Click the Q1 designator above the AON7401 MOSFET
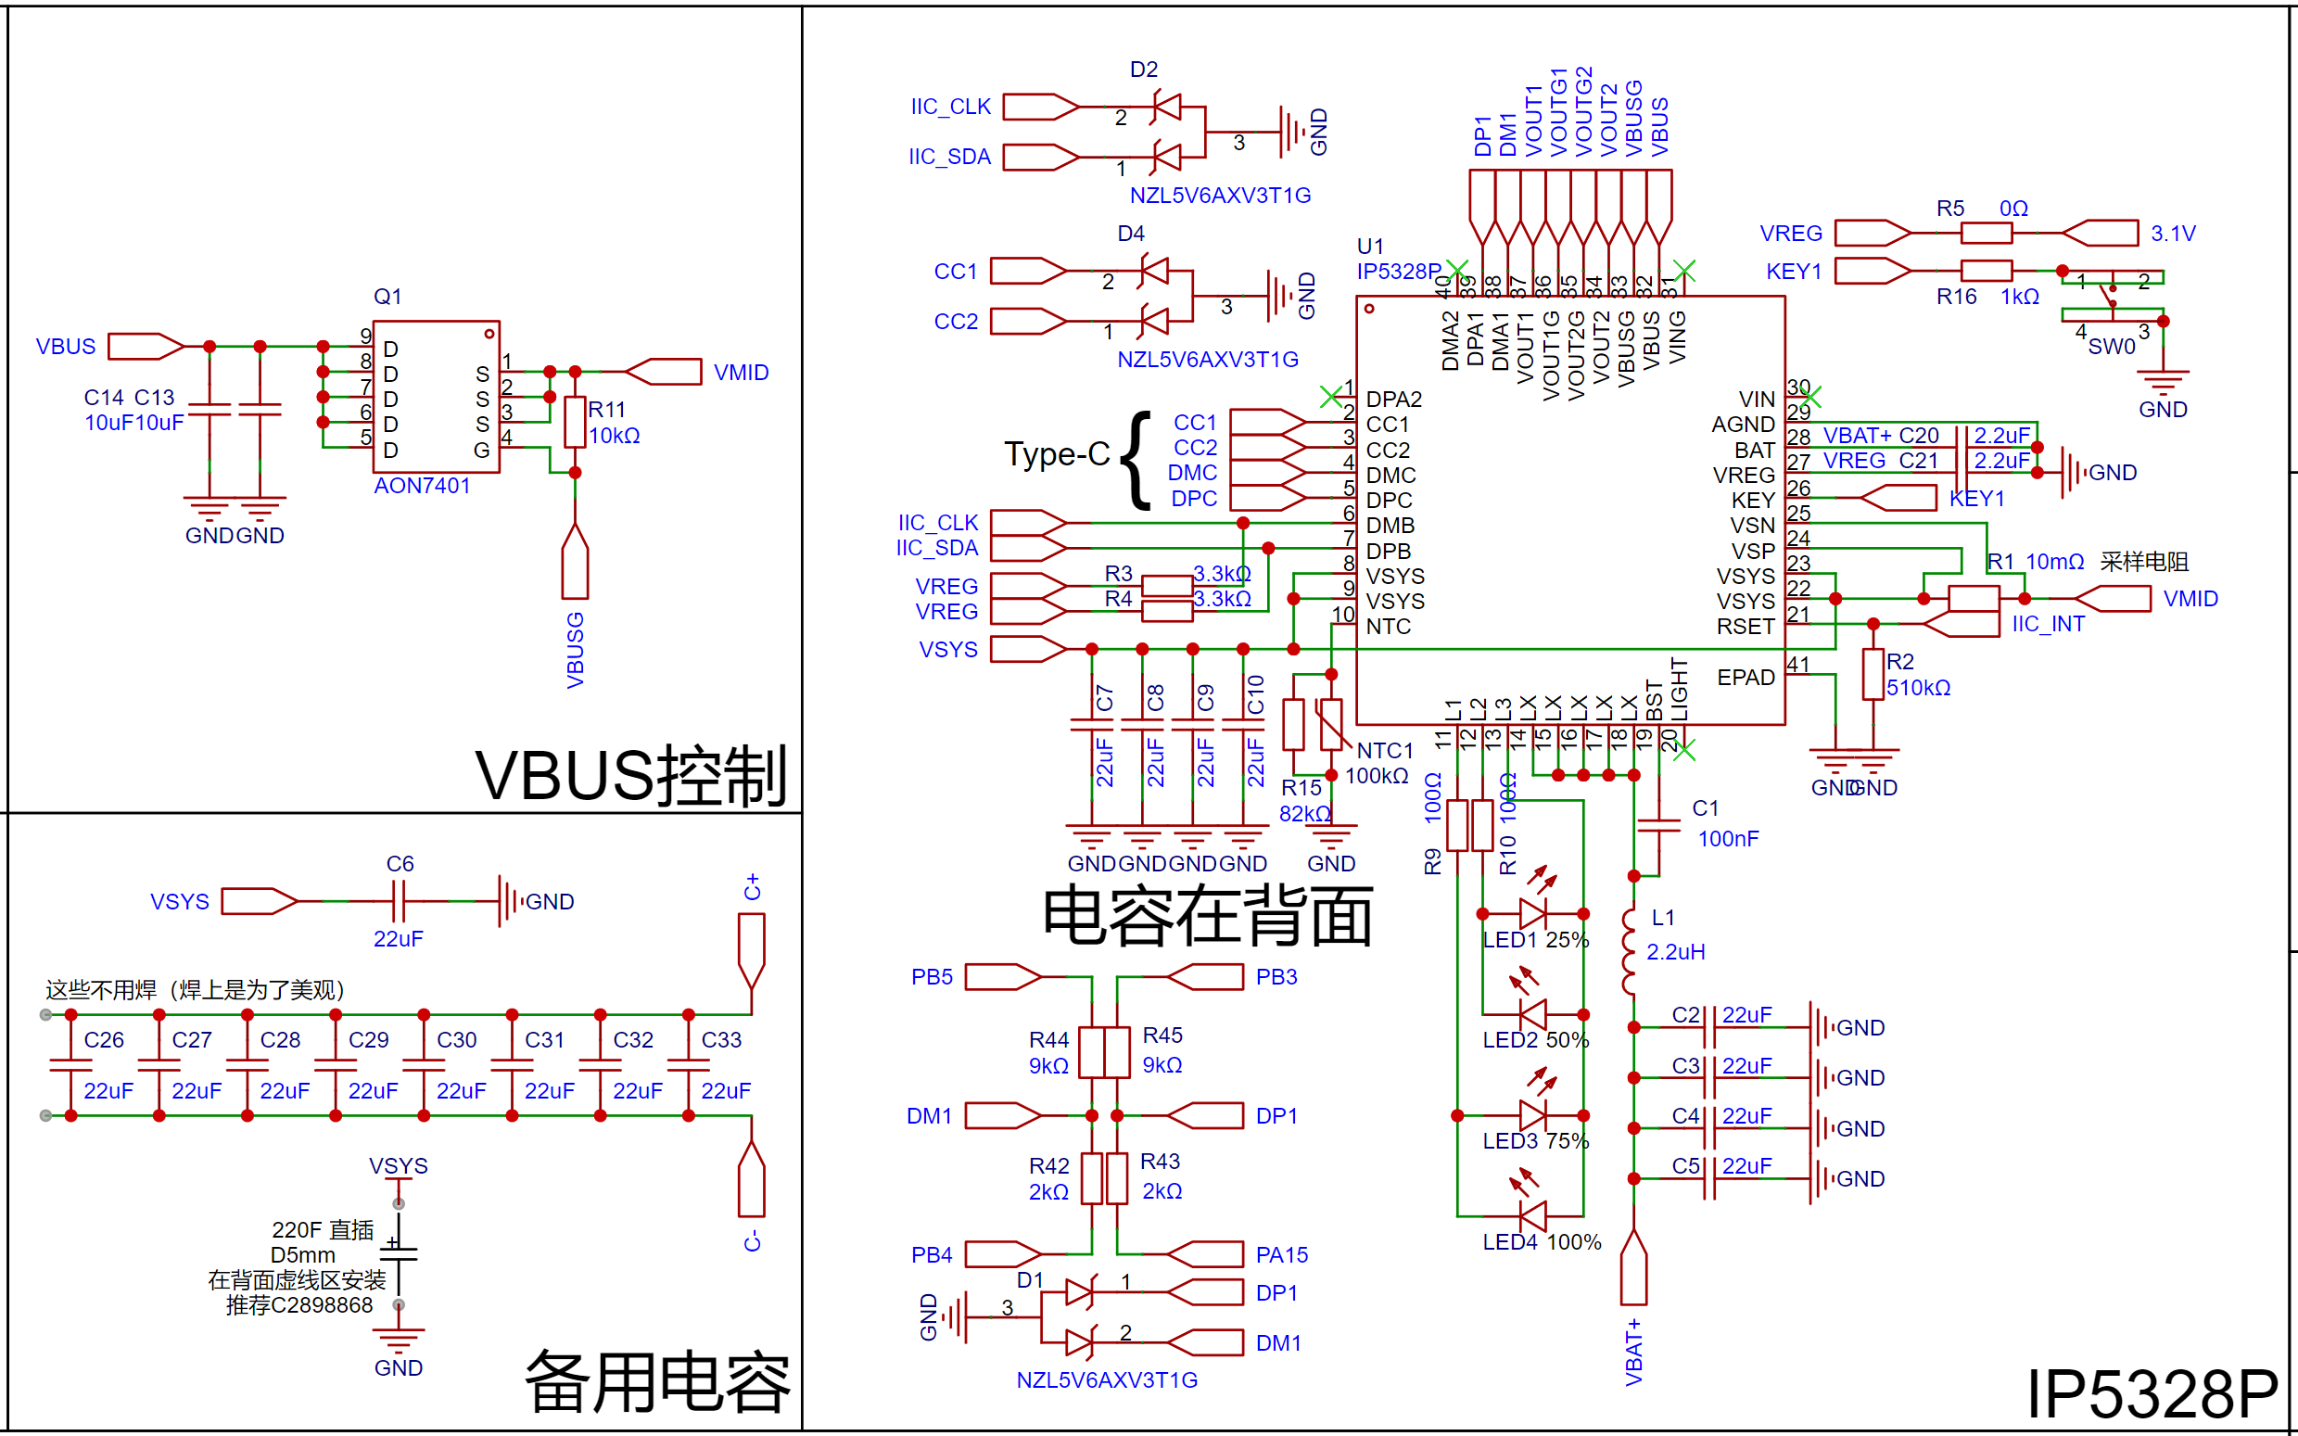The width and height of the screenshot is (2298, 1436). (x=387, y=297)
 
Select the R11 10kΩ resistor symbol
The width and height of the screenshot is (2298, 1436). (x=575, y=422)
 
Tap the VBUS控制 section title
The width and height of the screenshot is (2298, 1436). (x=630, y=776)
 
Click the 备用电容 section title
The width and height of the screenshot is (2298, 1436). (x=657, y=1383)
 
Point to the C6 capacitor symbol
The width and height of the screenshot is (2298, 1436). (x=399, y=900)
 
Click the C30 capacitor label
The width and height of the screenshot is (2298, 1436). (x=457, y=1040)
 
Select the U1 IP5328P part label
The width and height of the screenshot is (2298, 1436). (x=1397, y=260)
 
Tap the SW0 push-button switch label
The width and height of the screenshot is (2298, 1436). (x=2111, y=347)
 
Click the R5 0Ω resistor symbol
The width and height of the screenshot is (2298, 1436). (x=1986, y=233)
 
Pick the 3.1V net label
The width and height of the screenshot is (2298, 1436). (x=2173, y=234)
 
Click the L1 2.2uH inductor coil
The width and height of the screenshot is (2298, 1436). (x=1630, y=952)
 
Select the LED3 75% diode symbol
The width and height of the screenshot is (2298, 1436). (x=1532, y=1115)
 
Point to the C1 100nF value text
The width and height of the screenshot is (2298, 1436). (x=1727, y=839)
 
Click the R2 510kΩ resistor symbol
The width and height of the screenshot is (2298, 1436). (x=1873, y=674)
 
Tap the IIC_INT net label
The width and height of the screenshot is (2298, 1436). (x=2048, y=624)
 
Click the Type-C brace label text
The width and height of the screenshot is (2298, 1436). (x=1057, y=454)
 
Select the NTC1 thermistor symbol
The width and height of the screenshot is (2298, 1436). (x=1331, y=724)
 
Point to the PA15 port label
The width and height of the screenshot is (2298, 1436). (x=1281, y=1254)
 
